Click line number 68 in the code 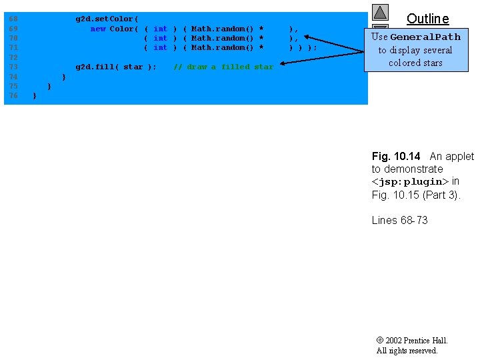coord(13,19)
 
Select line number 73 coord(13,67)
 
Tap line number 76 coord(13,96)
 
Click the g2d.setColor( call coord(107,19)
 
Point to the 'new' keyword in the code coord(98,29)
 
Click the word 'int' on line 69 coord(160,29)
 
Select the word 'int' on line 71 coord(160,48)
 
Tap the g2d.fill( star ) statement coord(117,67)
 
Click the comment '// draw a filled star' coord(223,67)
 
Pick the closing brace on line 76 coord(35,96)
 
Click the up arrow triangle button coord(380,13)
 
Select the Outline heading coord(427,19)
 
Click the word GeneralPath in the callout coord(435,37)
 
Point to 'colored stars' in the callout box coord(415,63)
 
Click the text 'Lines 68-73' coord(399,221)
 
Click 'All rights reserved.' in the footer coord(407,351)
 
